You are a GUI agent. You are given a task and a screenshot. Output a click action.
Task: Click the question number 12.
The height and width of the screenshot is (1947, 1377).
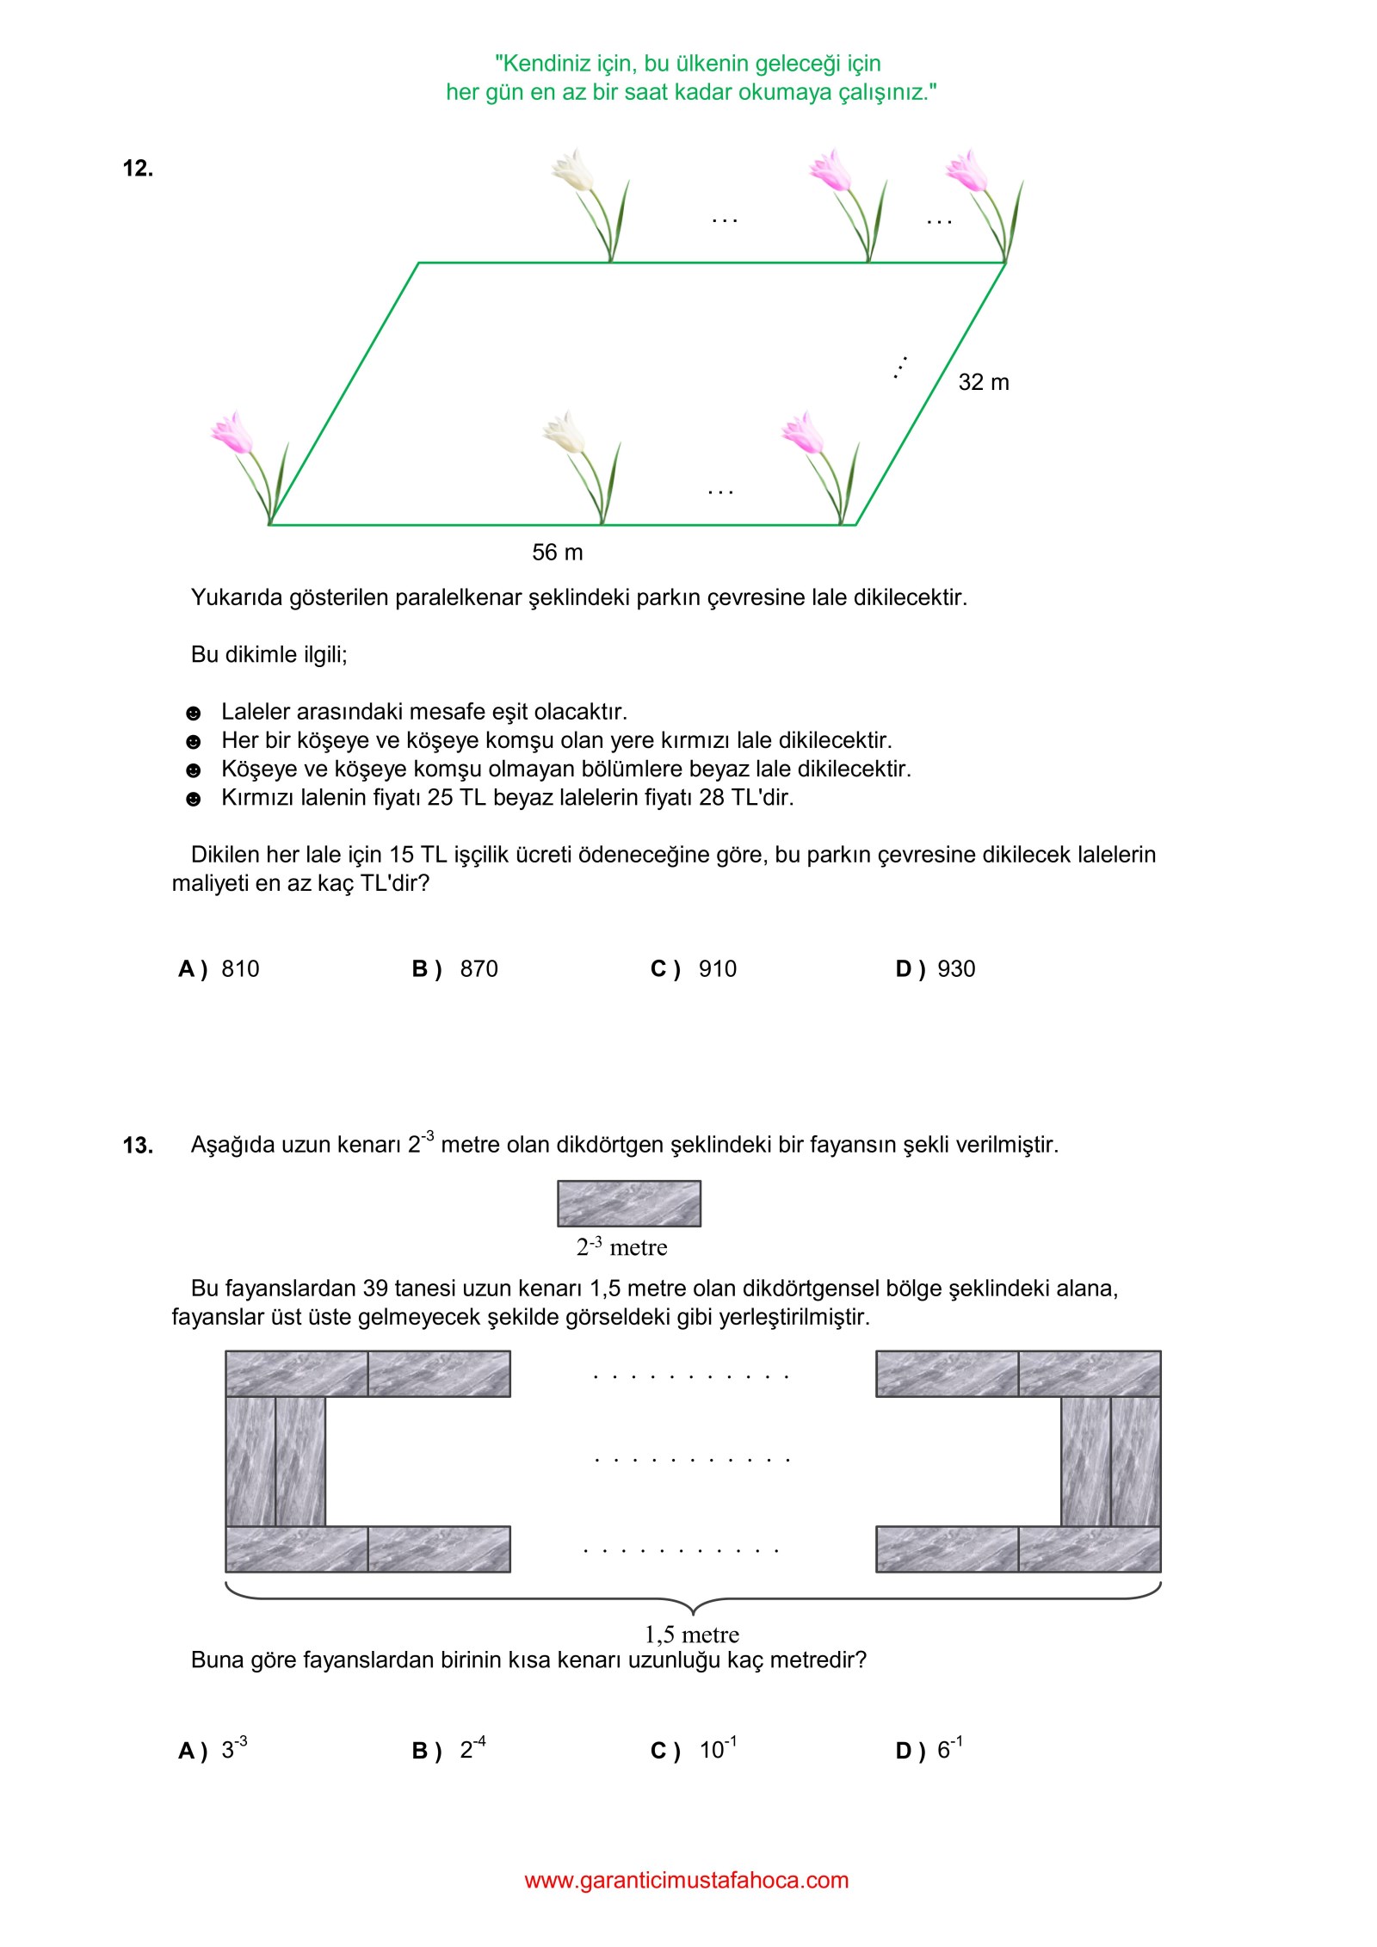[138, 168]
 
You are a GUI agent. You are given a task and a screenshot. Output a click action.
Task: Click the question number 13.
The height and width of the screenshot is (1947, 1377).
[138, 1146]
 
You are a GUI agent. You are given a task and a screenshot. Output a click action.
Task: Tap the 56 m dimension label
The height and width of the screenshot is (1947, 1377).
[557, 553]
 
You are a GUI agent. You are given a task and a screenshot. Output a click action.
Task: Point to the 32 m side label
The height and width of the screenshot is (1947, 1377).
[983, 382]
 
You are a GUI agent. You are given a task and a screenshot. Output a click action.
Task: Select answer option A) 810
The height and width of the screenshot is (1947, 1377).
[219, 969]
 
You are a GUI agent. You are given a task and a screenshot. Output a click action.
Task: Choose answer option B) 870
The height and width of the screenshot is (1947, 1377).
[455, 969]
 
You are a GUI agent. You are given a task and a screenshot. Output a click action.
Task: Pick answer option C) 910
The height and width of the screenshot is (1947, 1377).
[694, 969]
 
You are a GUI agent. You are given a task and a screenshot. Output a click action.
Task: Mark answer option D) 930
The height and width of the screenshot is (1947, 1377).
[935, 969]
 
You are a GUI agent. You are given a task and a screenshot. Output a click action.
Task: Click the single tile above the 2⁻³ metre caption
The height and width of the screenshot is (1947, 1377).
[629, 1203]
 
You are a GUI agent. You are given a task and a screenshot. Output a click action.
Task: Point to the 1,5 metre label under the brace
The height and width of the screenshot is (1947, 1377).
[692, 1635]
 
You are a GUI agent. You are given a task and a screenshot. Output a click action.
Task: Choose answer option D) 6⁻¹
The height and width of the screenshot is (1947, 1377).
[930, 1750]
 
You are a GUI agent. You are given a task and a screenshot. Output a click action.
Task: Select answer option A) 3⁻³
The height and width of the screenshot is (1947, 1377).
[213, 1750]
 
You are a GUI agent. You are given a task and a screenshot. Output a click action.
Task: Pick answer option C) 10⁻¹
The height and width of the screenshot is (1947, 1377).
[694, 1750]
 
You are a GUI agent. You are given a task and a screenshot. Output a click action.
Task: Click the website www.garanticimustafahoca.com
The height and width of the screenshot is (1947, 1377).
[687, 1880]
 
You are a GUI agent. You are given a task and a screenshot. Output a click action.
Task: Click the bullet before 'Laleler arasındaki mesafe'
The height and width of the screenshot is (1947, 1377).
[194, 713]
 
